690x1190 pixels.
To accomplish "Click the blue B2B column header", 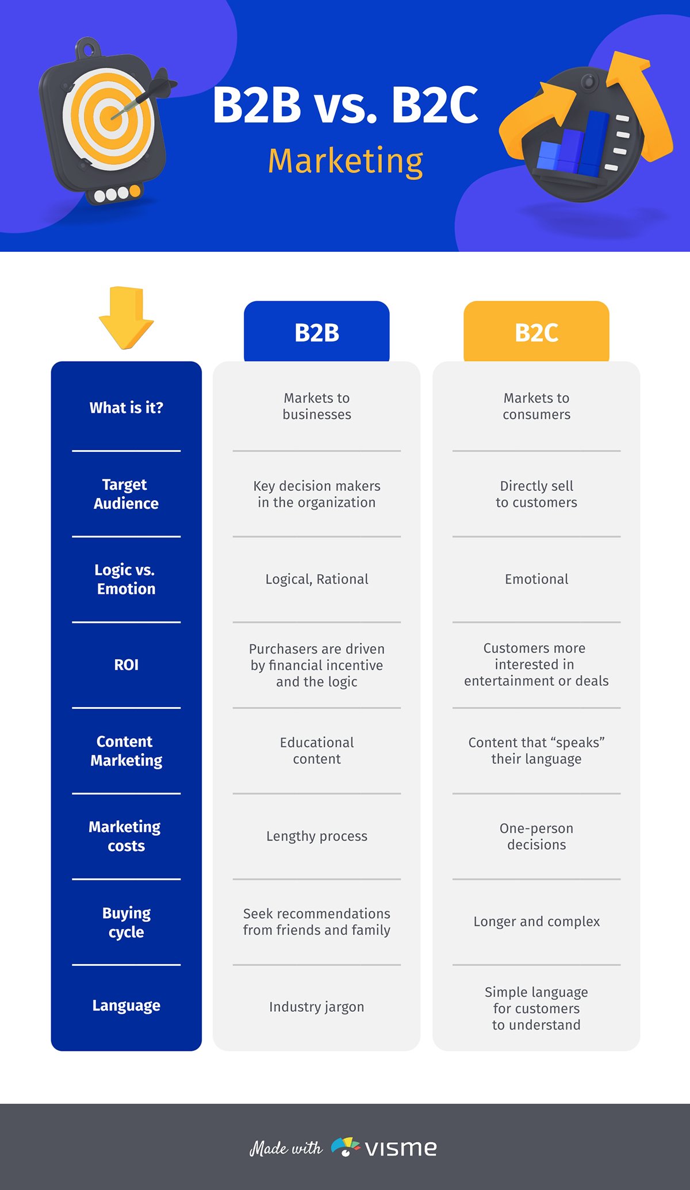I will point(316,332).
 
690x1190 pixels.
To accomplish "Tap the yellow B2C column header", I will point(536,332).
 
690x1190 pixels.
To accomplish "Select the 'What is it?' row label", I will point(126,408).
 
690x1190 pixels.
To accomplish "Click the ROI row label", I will point(126,665).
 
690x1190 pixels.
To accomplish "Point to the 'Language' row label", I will point(126,1005).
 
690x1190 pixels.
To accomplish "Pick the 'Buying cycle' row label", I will point(126,922).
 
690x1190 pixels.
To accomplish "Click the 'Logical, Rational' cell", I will point(316,579).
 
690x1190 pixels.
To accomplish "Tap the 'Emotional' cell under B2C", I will point(536,579).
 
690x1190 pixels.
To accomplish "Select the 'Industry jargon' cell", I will point(316,1007).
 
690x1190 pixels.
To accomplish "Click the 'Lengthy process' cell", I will point(316,836).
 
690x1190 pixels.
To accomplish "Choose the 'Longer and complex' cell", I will point(536,922).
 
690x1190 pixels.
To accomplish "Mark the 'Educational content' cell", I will point(316,750).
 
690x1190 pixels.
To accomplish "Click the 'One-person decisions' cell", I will point(536,836).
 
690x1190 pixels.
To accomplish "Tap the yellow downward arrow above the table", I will point(126,317).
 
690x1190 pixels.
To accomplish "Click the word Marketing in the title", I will point(345,161).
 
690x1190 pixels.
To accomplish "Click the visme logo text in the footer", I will point(401,1148).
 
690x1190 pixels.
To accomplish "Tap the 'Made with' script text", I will point(286,1148).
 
